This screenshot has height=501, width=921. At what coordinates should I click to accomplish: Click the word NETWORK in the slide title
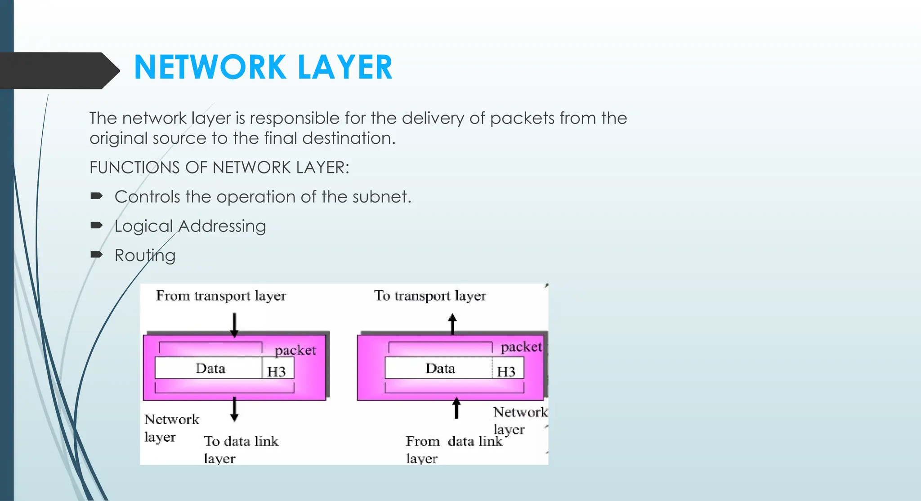[x=210, y=67]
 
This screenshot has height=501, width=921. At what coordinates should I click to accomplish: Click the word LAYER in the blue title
[x=344, y=67]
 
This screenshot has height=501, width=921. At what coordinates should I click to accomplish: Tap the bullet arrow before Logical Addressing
[x=97, y=226]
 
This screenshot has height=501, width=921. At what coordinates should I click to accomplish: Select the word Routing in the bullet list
[x=145, y=256]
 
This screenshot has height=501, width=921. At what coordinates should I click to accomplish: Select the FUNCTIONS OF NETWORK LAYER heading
[x=219, y=168]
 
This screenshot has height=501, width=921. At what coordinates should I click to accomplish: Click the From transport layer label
[x=221, y=296]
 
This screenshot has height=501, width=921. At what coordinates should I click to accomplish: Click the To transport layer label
[x=430, y=296]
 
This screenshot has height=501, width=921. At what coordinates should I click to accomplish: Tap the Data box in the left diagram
[x=210, y=368]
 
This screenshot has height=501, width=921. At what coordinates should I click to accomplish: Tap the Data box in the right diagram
[x=440, y=368]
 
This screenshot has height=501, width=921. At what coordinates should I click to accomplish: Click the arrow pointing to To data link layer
[x=234, y=409]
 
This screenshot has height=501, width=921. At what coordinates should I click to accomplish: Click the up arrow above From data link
[x=456, y=408]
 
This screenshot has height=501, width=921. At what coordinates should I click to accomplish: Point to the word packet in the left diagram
[x=295, y=350]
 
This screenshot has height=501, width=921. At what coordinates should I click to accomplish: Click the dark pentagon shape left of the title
[x=56, y=71]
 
